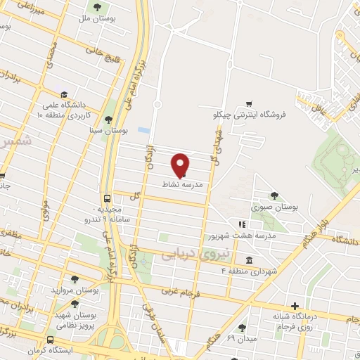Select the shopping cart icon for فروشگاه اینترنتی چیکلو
click(x=249, y=103)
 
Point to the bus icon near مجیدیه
click(x=107, y=198)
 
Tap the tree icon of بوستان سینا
click(x=108, y=120)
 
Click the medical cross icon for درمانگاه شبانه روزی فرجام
click(x=295, y=306)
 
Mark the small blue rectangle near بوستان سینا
click(x=143, y=131)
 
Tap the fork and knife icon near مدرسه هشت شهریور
click(x=303, y=224)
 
